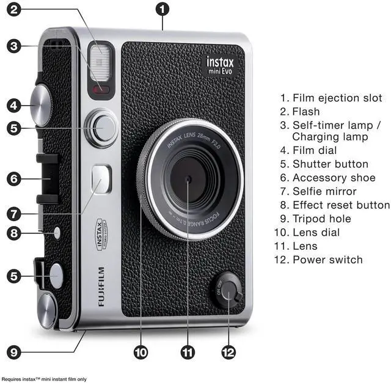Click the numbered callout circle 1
click(162, 9)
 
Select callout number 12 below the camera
click(228, 352)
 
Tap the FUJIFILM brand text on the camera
click(100, 286)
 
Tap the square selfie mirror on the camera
click(101, 179)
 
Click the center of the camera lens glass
click(188, 179)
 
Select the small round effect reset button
click(58, 232)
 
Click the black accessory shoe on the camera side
click(49, 178)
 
